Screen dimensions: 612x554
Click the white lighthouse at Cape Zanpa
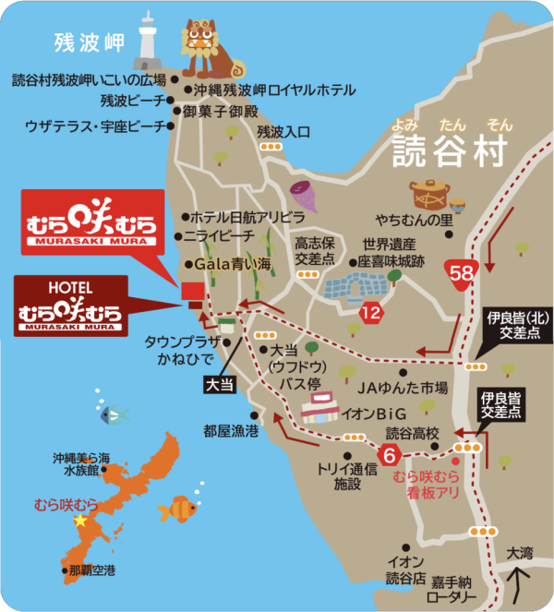(x=148, y=41)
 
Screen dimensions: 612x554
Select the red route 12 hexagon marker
(x=371, y=313)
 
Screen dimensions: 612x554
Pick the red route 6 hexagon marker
(x=390, y=453)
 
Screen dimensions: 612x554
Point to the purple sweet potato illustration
(x=302, y=196)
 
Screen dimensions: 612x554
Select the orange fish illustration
(x=177, y=508)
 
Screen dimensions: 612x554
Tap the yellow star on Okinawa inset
(x=79, y=521)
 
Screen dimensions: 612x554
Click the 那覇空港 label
(x=91, y=571)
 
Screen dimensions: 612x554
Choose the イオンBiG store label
(x=370, y=415)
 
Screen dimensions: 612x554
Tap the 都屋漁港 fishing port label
(x=232, y=431)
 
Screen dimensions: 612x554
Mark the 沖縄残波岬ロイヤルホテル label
(x=274, y=90)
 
